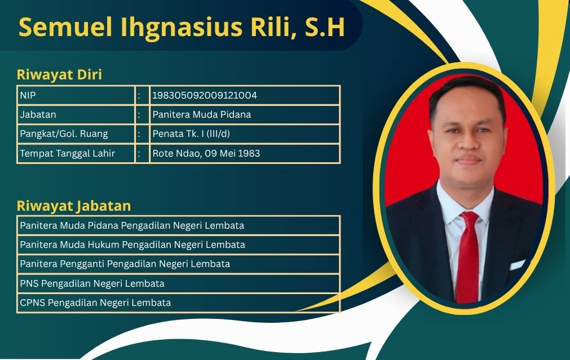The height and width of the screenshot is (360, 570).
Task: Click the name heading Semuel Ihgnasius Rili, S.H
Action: (x=182, y=27)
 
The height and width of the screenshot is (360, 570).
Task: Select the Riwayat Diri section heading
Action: (x=59, y=74)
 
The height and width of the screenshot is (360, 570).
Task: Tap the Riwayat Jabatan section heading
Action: (x=74, y=206)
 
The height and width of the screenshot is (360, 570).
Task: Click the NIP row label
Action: (x=28, y=95)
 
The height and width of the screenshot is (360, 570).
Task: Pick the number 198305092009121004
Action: (x=205, y=95)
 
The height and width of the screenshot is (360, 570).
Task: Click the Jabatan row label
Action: (x=38, y=114)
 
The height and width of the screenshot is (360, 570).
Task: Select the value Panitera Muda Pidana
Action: (x=202, y=114)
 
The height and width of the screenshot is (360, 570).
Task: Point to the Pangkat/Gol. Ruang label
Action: (x=64, y=134)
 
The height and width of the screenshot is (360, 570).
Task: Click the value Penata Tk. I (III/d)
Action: (x=191, y=134)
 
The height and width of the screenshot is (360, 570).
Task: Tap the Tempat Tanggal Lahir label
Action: (x=67, y=153)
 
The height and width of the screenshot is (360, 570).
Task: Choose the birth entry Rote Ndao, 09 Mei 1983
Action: (x=206, y=153)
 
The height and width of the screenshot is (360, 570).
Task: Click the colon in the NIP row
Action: (x=139, y=96)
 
